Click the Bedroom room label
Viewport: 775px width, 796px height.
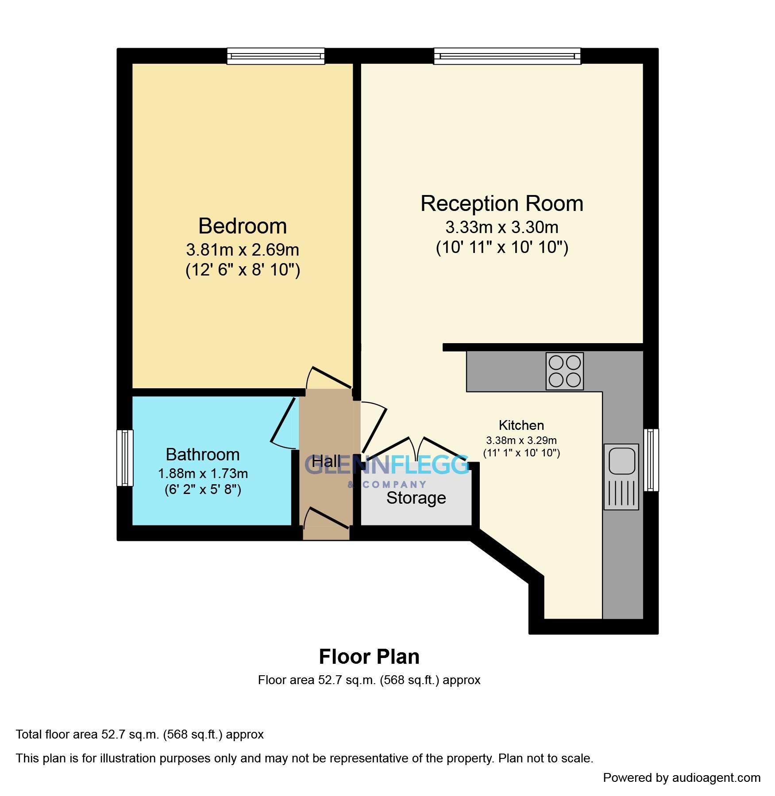tap(243, 226)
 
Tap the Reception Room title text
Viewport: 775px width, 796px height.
tap(501, 203)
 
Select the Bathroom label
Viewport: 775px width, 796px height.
tap(202, 454)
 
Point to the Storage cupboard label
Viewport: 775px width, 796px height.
tap(416, 498)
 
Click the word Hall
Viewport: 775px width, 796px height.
tap(326, 462)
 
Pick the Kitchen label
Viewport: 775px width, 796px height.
tap(521, 425)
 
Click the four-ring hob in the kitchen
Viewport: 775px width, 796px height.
tap(564, 371)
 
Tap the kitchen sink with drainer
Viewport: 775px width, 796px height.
tap(621, 476)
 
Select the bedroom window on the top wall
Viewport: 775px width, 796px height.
tap(275, 56)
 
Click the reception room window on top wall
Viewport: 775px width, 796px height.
tap(507, 56)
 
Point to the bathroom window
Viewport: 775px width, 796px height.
tap(125, 458)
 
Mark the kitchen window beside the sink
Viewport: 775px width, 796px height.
tap(651, 459)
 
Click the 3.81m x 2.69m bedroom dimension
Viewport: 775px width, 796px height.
tap(243, 250)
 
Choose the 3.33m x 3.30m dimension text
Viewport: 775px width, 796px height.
tap(501, 227)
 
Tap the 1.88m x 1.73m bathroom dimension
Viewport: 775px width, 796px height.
tap(203, 474)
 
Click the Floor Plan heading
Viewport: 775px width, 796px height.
tap(369, 657)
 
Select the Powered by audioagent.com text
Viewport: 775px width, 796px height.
tap(682, 777)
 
